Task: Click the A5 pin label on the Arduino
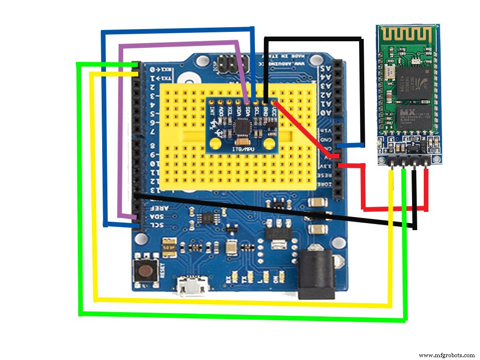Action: pyautogui.click(x=323, y=67)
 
